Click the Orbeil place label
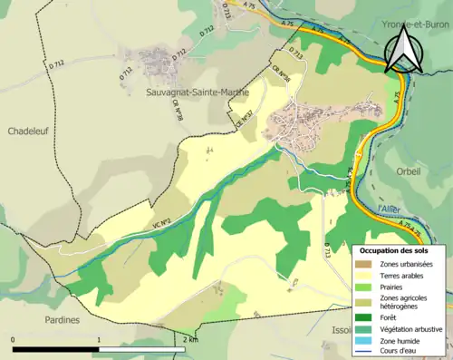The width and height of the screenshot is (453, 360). pos(409,170)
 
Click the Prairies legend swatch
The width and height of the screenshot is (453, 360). pos(365,287)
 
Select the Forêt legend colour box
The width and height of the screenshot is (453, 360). pos(365,316)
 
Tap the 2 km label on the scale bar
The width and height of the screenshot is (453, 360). pos(189,339)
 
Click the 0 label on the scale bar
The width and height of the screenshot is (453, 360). pos(14,339)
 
